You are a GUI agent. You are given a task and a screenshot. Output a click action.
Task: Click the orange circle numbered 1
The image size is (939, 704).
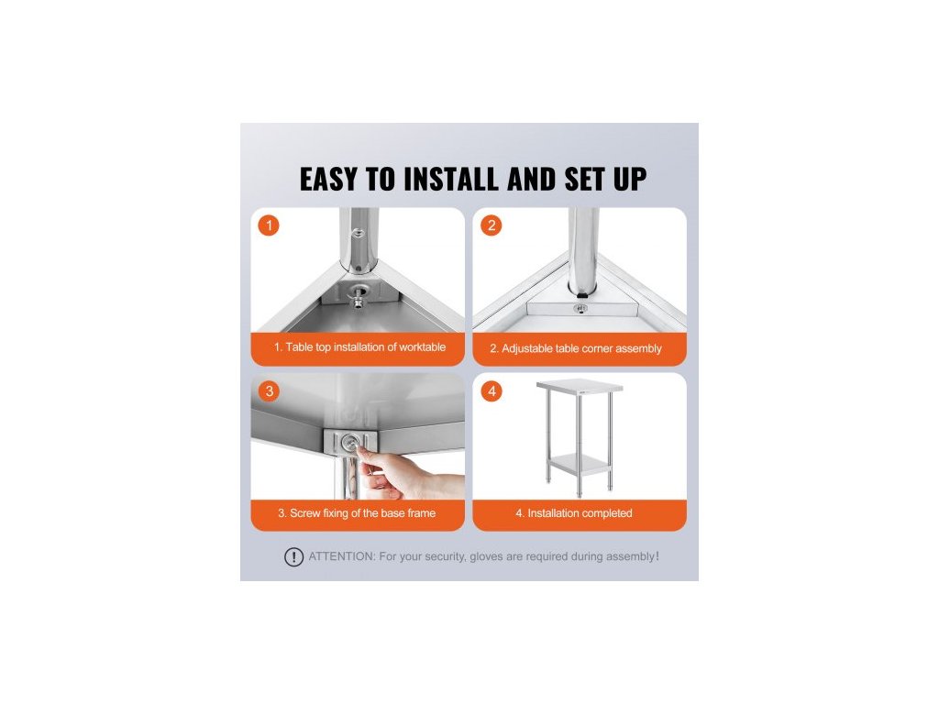269,225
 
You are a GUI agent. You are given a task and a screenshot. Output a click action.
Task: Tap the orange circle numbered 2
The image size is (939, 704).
492,225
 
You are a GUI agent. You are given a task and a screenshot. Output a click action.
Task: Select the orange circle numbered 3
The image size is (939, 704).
269,390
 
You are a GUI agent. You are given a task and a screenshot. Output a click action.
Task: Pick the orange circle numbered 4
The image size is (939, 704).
492,390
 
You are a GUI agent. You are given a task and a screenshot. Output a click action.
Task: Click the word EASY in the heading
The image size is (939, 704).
328,179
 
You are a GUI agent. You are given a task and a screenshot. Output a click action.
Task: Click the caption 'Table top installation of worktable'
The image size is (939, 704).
365,347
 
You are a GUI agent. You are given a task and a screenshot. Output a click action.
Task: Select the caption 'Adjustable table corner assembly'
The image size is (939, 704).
581,348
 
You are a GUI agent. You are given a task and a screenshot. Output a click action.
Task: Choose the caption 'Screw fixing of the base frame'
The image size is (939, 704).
362,513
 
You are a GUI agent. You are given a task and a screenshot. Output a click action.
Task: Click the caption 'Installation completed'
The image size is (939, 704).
580,513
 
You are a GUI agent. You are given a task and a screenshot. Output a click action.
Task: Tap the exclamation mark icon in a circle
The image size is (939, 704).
293,557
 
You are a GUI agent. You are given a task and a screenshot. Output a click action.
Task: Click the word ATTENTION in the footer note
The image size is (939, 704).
342,556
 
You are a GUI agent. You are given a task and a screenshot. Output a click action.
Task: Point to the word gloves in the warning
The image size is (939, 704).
486,556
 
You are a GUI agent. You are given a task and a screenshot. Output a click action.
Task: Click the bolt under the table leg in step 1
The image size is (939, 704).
357,295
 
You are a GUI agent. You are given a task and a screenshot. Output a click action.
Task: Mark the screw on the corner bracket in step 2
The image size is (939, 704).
580,308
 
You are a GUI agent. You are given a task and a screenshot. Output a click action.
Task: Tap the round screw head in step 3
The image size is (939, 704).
349,443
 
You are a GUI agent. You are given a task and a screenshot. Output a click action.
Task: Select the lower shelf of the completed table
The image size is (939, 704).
578,463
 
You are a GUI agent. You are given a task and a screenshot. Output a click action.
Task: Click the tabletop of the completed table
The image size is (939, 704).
580,386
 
